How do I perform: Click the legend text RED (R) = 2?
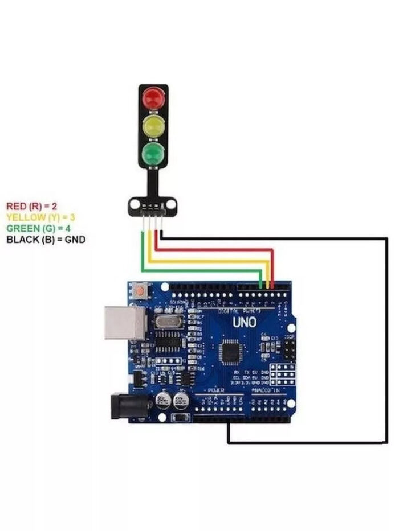coord(32,206)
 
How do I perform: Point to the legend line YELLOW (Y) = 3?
coord(40,217)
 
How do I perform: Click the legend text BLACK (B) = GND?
coord(46,240)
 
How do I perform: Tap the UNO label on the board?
coord(244,322)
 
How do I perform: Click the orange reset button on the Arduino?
coord(140,291)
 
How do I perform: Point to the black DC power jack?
coord(127,405)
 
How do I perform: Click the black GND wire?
coord(387,341)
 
